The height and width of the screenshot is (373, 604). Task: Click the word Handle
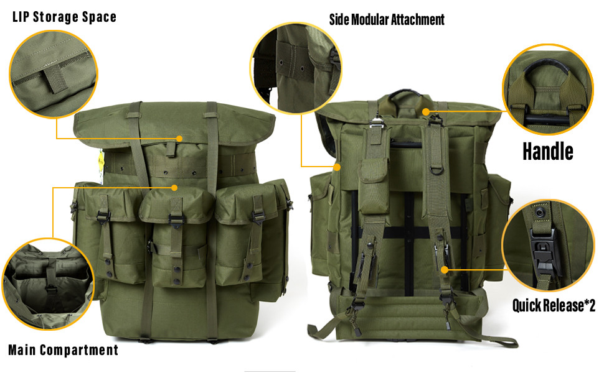tap(548, 151)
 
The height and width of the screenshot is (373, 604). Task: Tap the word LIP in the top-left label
tap(21, 17)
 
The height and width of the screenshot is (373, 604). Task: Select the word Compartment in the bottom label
tap(79, 350)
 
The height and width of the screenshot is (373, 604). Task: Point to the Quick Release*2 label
tap(554, 305)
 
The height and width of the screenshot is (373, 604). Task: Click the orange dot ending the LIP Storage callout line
tap(179, 139)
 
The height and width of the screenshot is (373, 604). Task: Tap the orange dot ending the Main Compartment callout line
tap(174, 188)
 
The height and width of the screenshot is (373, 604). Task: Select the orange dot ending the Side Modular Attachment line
tap(337, 167)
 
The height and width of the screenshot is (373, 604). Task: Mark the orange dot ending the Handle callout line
tap(426, 112)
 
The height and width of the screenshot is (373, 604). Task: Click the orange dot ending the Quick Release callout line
tap(444, 270)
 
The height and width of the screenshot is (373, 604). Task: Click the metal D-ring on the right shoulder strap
tap(436, 169)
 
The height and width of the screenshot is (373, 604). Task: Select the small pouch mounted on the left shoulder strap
tap(373, 186)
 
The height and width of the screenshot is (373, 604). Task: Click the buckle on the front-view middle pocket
tap(176, 221)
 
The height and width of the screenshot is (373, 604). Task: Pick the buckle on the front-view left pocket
tap(103, 217)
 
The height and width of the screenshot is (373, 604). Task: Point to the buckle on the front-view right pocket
tap(257, 217)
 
